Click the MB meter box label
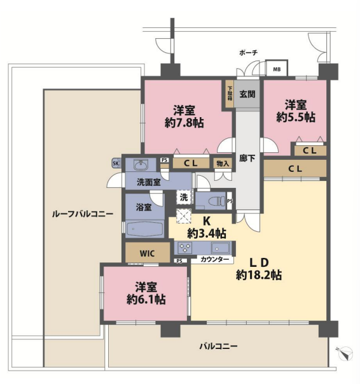point(277,69)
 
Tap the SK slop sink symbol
point(116,163)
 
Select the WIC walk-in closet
point(148,252)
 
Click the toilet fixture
point(217,201)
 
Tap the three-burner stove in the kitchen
point(184,248)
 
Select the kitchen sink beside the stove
point(221,248)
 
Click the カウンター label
point(214,260)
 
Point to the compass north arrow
point(347,353)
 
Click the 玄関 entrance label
point(247,94)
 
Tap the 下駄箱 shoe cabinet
point(230,94)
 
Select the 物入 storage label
point(223,164)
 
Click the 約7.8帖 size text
point(184,123)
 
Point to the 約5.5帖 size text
point(296,117)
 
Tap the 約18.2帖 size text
point(259,275)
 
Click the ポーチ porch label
point(248,52)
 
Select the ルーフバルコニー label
point(83,214)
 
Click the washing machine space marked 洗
point(184,197)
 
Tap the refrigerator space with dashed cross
point(184,216)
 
